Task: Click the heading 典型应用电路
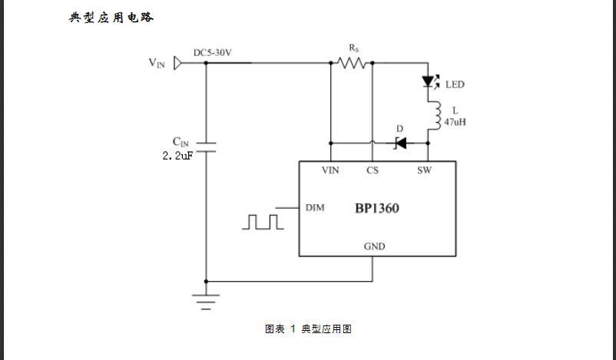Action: (111, 17)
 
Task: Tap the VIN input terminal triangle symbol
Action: (178, 63)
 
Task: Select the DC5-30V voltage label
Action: (213, 52)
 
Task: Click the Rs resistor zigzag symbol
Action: (353, 63)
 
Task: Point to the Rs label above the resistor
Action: (353, 48)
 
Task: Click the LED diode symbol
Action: (429, 81)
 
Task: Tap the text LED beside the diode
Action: (455, 84)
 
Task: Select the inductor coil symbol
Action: (435, 116)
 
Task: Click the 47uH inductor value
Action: (455, 121)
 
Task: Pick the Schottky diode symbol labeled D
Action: (400, 143)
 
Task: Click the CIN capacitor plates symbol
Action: (206, 149)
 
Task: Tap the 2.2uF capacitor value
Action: (177, 157)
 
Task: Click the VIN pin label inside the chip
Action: (330, 170)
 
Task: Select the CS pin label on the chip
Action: (373, 170)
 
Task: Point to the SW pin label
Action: (424, 170)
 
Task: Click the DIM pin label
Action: (315, 207)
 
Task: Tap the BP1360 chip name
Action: (376, 208)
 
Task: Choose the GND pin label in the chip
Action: (374, 246)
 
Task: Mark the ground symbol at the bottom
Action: (206, 300)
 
